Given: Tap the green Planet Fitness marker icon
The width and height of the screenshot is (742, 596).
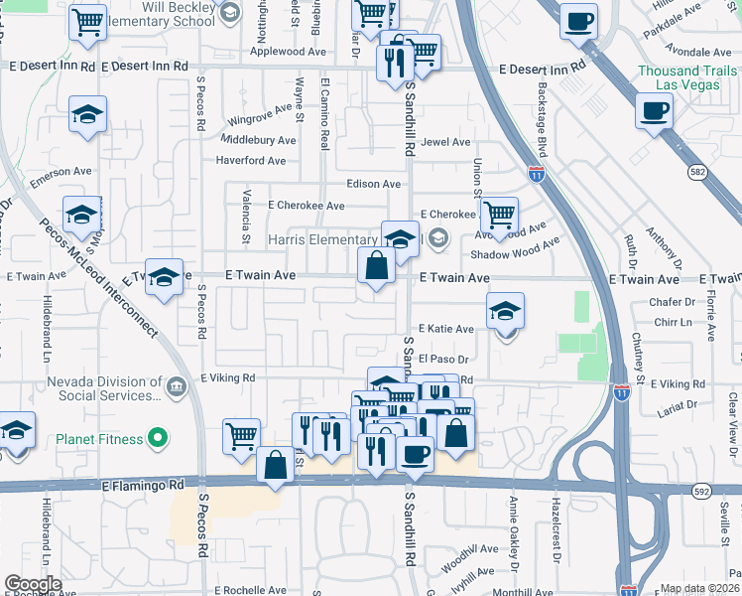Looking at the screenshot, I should (156, 437).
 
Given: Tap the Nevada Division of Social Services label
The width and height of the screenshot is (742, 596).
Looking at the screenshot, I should (102, 386).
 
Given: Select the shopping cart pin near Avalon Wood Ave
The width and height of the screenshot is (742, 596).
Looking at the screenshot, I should (499, 214).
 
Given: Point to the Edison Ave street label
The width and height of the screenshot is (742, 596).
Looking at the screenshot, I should (374, 184).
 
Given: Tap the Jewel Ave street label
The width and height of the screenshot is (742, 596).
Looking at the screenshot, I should (445, 142).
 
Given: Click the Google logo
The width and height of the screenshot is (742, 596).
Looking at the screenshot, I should (33, 585).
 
